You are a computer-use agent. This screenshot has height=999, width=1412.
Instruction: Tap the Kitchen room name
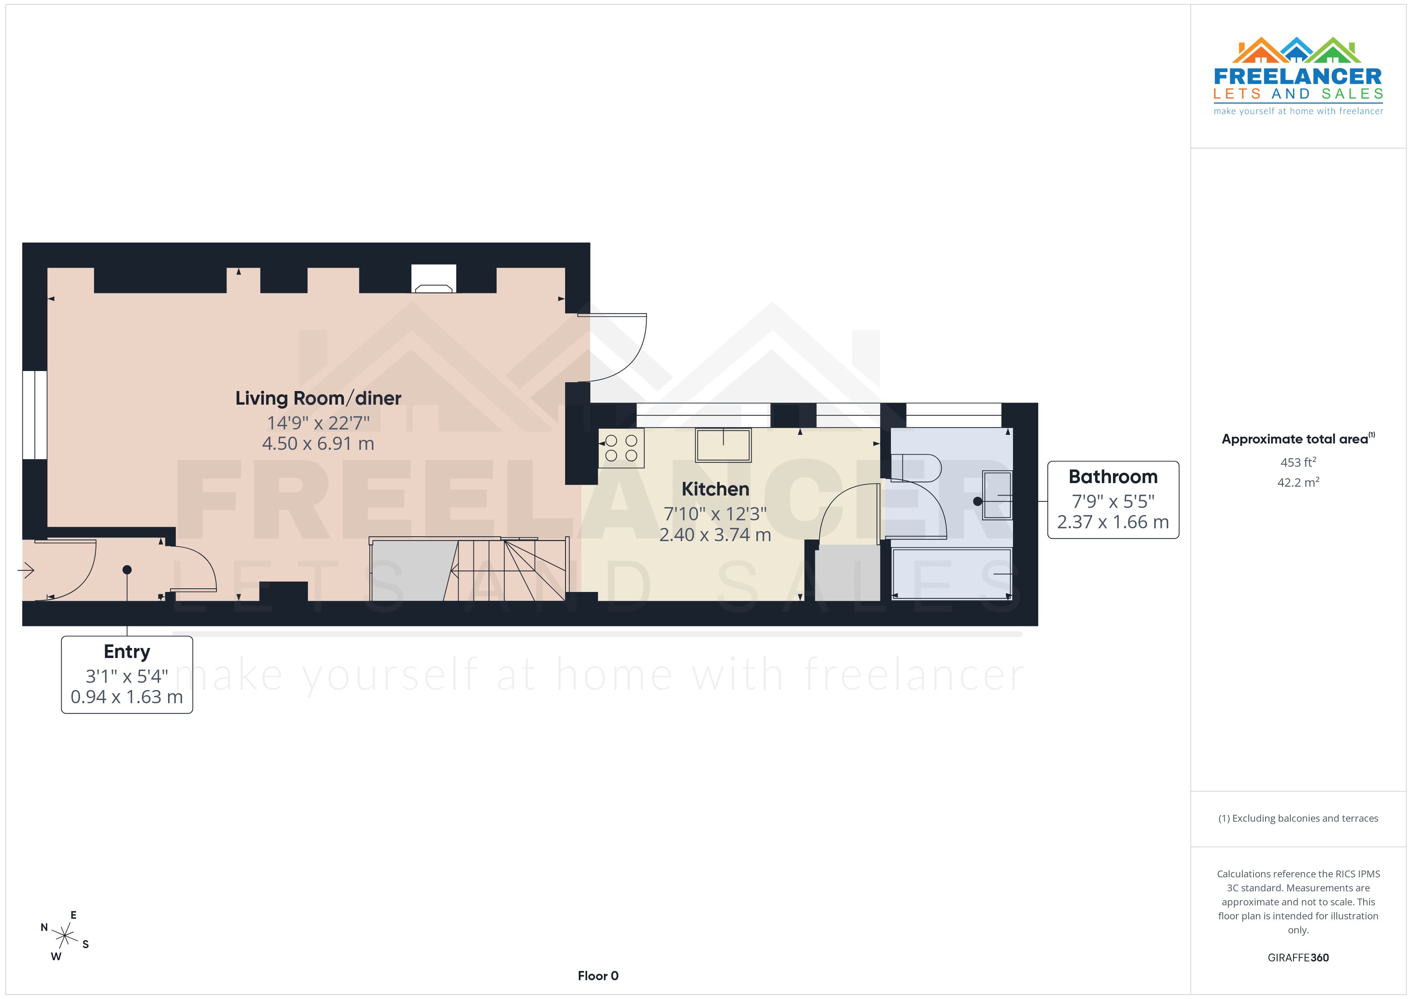coord(715,489)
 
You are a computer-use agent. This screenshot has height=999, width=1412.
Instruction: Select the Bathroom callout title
coord(1113,477)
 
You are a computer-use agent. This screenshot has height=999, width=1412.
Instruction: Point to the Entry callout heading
coord(127,652)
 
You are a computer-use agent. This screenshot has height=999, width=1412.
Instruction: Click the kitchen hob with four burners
coord(621,448)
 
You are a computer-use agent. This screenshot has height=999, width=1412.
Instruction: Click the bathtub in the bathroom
coord(951,573)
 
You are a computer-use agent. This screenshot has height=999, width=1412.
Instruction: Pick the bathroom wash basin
coord(997,495)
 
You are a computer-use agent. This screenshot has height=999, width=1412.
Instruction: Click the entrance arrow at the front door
coord(26,571)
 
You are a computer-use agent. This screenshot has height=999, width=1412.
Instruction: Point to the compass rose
coord(64,936)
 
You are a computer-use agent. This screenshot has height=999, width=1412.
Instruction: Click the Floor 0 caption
coord(598,976)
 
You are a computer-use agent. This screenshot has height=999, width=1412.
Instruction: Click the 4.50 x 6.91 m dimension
coord(318,443)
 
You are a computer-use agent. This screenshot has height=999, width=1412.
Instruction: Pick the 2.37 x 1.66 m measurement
coord(1113,522)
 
